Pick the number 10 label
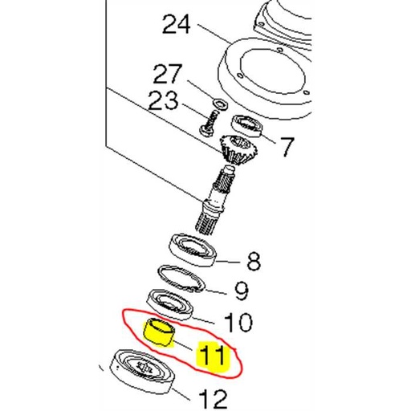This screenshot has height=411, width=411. pos(238,323)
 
